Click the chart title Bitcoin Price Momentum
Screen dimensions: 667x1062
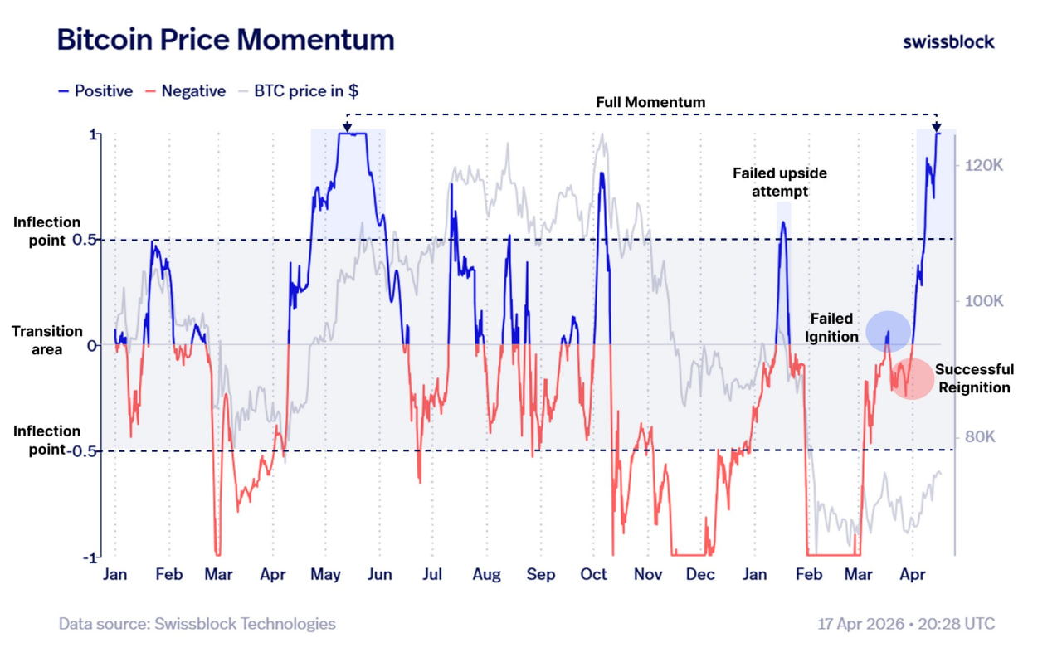(225, 40)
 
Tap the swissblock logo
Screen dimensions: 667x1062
(948, 41)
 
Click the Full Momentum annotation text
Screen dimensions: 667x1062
(650, 102)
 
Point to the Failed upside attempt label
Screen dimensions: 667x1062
(779, 183)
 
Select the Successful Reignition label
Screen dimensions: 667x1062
(974, 378)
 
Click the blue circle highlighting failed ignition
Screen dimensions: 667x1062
(888, 329)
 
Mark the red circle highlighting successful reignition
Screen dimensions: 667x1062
(912, 378)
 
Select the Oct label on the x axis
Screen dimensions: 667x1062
(594, 574)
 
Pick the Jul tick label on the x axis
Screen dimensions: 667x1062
(432, 574)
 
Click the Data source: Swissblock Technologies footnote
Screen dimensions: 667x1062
(197, 624)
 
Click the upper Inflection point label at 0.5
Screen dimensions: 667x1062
(46, 231)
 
